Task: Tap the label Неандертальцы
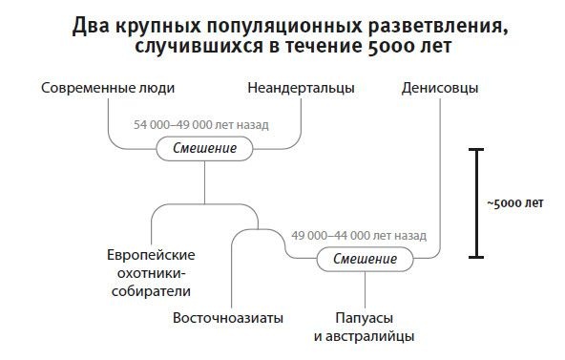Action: click(x=301, y=89)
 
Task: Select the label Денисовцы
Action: click(x=435, y=89)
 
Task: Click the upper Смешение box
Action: click(x=204, y=149)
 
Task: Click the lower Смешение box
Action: click(x=366, y=259)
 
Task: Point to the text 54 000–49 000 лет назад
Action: click(x=201, y=125)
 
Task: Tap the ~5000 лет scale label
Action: click(x=514, y=203)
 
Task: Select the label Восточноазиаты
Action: click(x=228, y=318)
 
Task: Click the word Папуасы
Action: click(x=366, y=318)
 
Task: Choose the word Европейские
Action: click(x=151, y=255)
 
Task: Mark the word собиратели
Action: click(x=151, y=291)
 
